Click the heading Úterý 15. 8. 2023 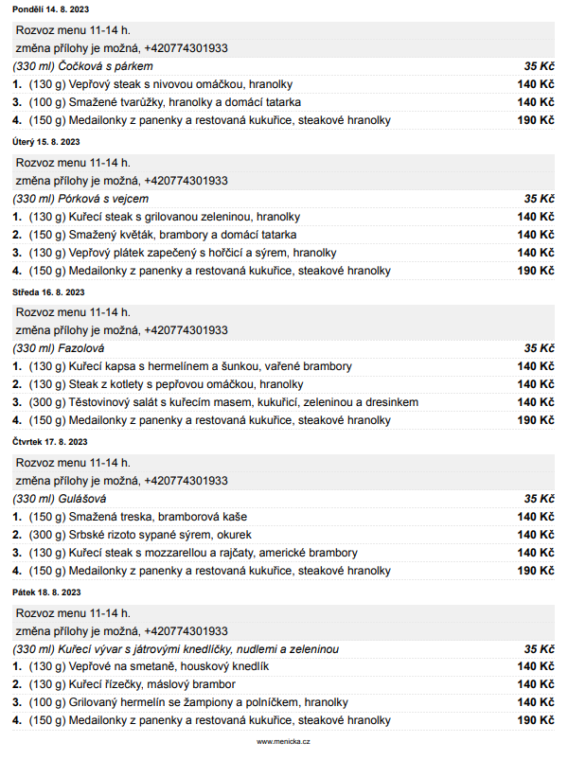[45, 142]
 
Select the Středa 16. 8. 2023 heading [48, 292]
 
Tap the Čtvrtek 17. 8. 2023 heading [50, 441]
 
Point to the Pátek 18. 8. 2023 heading [46, 592]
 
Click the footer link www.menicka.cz [283, 741]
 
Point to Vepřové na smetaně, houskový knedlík [162, 666]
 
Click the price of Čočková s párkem [539, 66]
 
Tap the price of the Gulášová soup [539, 498]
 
